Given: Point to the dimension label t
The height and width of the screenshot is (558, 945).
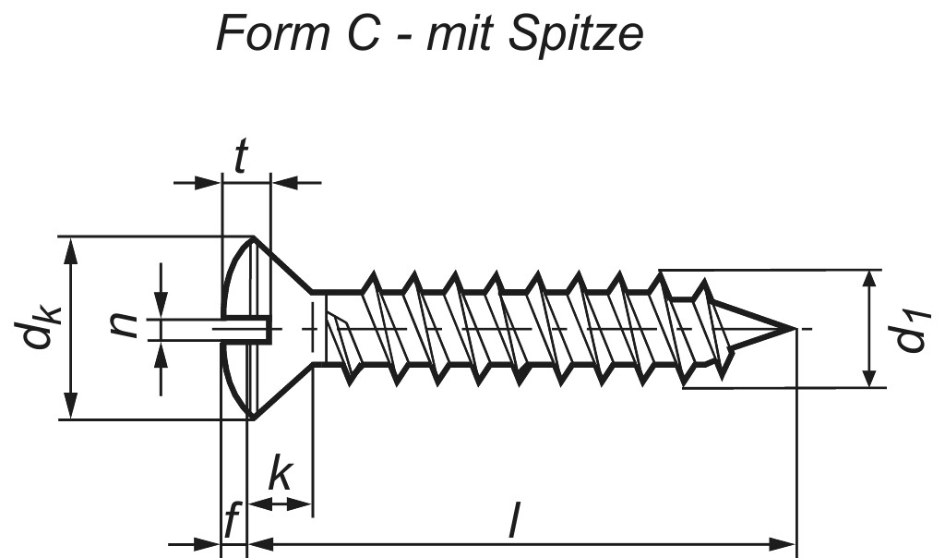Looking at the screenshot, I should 241,158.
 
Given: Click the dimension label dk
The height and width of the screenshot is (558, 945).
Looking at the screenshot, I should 39,328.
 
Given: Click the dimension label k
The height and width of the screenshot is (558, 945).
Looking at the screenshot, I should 281,477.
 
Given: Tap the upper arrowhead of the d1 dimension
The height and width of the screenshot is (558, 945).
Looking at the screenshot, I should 868,281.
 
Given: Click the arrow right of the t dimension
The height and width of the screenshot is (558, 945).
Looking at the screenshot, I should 295,183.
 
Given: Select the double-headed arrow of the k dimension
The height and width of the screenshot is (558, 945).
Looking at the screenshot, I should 281,503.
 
